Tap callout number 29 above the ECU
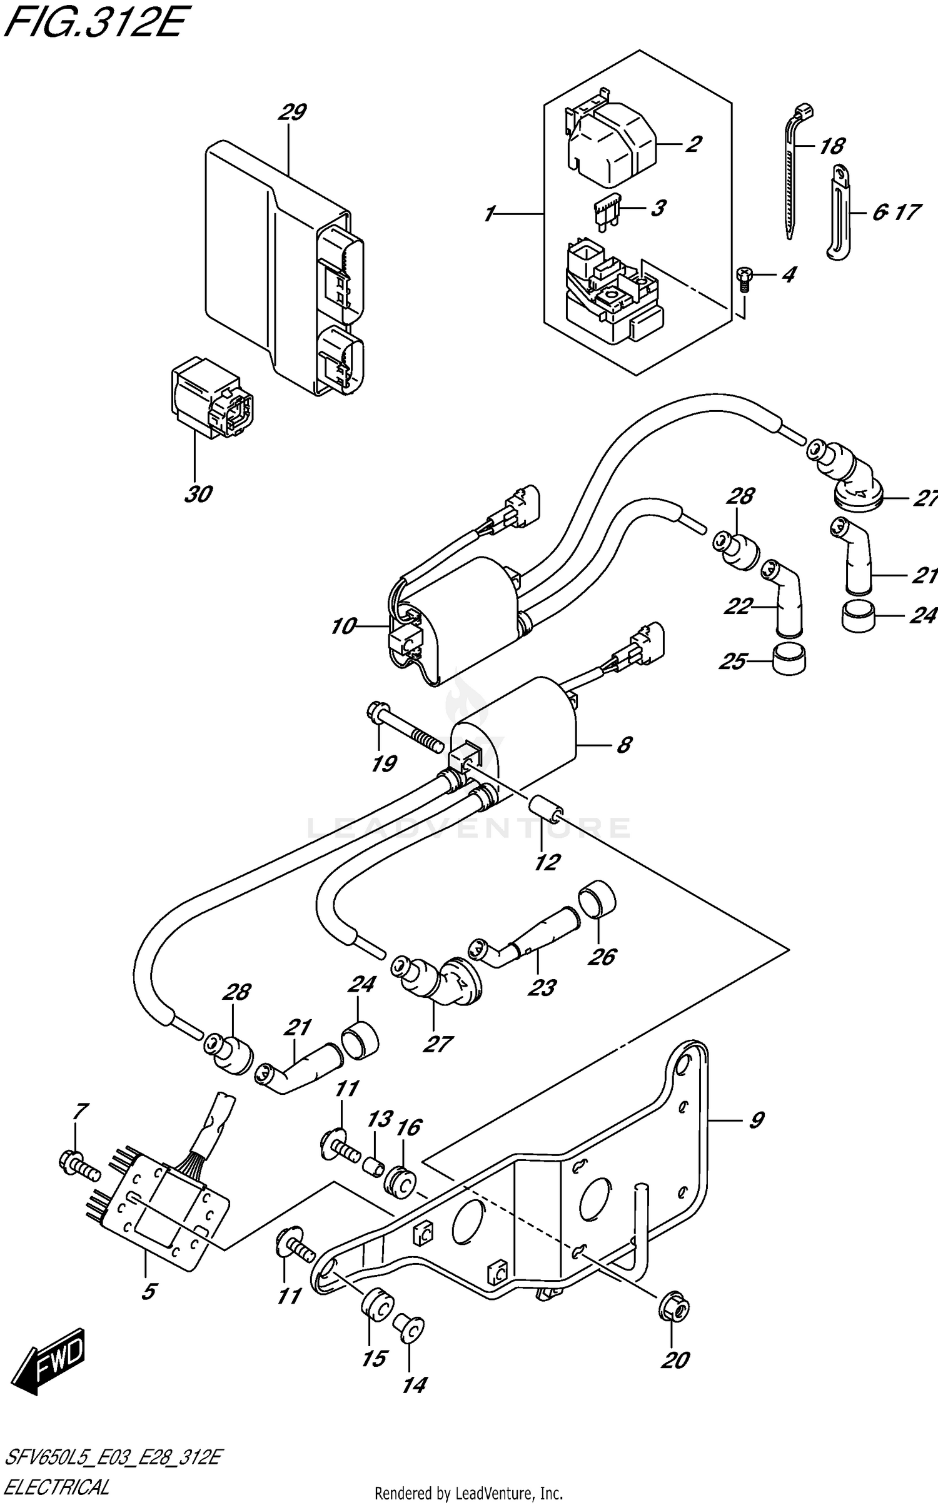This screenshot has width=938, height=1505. pyautogui.click(x=292, y=113)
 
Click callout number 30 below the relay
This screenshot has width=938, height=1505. pyautogui.click(x=198, y=495)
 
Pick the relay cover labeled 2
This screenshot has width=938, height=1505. pyautogui.click(x=610, y=145)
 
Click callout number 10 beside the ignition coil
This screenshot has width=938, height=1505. pyautogui.click(x=343, y=625)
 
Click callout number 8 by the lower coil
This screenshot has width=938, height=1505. pyautogui.click(x=623, y=745)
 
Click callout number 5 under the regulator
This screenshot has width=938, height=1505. pyautogui.click(x=149, y=1291)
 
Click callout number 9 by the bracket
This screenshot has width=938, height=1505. pyautogui.click(x=756, y=1120)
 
